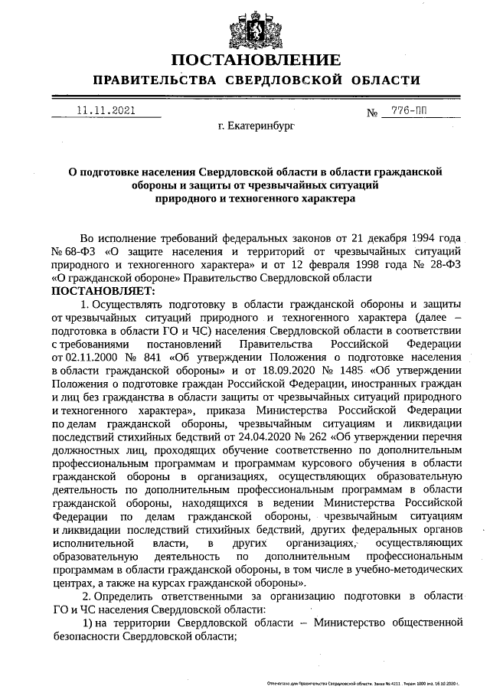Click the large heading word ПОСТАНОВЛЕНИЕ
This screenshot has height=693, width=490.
pyautogui.click(x=256, y=60)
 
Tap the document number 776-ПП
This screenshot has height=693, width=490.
pyautogui.click(x=409, y=111)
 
